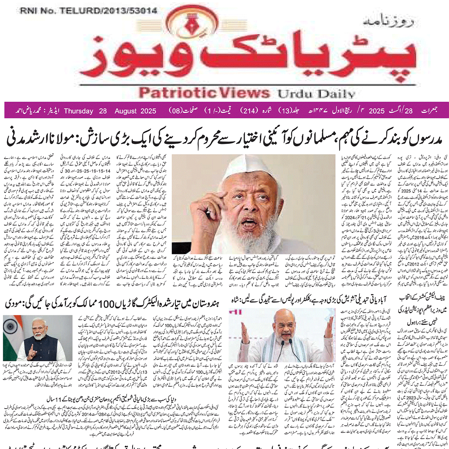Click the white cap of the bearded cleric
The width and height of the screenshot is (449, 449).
[x=249, y=166]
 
